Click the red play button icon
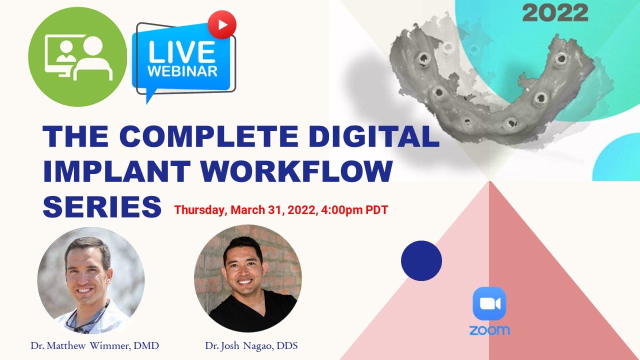(221, 24)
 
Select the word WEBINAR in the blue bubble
(182, 70)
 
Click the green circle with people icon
(77, 57)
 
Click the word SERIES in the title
(102, 206)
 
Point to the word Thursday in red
(200, 210)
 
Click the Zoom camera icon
(489, 303)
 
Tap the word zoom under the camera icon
(489, 330)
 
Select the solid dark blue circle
(421, 260)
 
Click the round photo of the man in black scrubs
(247, 278)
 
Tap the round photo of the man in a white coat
(91, 280)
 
